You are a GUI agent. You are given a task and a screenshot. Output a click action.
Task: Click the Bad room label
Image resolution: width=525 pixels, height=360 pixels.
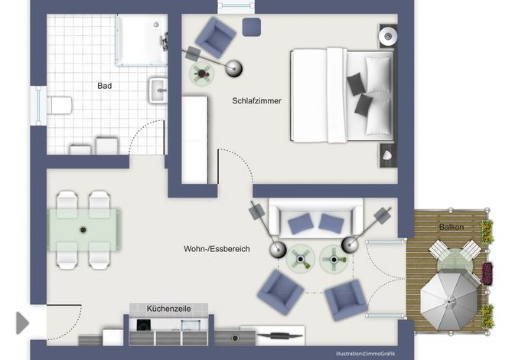(x=104, y=86)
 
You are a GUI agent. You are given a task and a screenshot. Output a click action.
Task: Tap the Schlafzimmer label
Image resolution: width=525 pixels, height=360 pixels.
(x=257, y=101)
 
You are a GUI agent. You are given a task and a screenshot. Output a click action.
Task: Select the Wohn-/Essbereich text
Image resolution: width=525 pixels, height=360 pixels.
(x=217, y=249)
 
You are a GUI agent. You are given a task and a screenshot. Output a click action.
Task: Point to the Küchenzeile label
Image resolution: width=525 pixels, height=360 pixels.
(x=168, y=309)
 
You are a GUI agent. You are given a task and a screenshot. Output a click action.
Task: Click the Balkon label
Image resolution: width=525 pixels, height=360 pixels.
(x=452, y=227)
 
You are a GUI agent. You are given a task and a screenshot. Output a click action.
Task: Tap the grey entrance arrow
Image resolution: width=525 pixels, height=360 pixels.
(x=22, y=322)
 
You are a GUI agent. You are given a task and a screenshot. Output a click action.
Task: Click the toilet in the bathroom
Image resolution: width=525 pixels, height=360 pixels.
(x=60, y=106)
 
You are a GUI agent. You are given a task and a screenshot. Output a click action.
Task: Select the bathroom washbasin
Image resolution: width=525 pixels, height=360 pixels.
(x=158, y=90)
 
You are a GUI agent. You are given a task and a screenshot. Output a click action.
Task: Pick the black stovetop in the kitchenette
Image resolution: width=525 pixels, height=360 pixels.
(x=144, y=325)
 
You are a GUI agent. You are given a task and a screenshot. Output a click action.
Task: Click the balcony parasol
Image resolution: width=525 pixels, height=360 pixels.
(x=449, y=301)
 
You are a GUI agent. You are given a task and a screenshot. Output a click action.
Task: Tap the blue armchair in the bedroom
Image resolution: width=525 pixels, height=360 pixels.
(x=215, y=37)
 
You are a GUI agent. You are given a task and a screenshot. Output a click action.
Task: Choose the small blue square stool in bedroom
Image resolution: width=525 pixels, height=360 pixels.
(x=252, y=27)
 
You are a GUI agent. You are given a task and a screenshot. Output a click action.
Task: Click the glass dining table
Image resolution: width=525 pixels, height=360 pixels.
(x=83, y=230)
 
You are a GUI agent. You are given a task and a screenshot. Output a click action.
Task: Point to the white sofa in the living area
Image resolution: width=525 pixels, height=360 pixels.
(x=316, y=218)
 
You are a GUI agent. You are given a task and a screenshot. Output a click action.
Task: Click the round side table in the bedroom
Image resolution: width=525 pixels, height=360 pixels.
(x=202, y=73)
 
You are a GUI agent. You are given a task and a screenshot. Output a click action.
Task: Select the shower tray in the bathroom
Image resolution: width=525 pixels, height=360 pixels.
(x=142, y=40)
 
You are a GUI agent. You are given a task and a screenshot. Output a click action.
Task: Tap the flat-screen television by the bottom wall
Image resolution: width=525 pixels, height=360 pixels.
(x=279, y=335)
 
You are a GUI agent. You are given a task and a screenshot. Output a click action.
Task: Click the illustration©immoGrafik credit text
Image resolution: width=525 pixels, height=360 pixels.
(x=366, y=353)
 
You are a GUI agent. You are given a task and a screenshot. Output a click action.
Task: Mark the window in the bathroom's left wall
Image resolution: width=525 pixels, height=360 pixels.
(x=38, y=106)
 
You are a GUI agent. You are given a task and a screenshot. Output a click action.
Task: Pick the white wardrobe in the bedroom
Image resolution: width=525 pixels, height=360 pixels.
(x=194, y=139)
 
